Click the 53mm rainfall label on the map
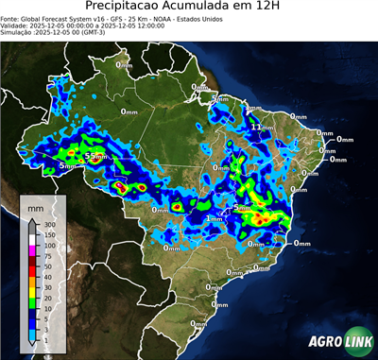[x=94, y=155]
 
